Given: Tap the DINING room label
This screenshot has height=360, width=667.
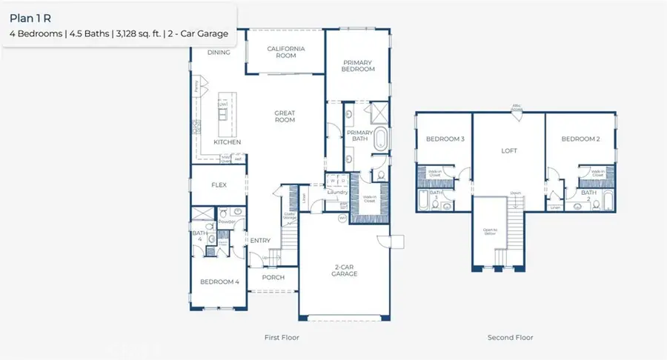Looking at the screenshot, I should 219,53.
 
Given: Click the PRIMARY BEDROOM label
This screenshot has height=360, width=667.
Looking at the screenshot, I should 358,65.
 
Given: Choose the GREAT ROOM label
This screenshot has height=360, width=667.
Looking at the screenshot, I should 285,117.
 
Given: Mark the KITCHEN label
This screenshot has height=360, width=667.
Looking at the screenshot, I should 227,141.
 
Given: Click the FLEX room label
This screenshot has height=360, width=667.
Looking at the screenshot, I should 219,185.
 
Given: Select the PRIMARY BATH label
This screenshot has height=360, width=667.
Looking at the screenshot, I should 359,136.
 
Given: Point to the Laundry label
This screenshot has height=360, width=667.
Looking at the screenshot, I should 338,193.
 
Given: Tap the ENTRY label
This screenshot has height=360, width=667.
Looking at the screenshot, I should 260,240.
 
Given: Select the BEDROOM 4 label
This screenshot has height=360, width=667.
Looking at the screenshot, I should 220,281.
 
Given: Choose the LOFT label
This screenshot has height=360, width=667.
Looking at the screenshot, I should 509,150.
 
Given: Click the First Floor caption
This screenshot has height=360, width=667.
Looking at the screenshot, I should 282,338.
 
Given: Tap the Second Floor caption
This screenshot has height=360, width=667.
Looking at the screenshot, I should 510,338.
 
